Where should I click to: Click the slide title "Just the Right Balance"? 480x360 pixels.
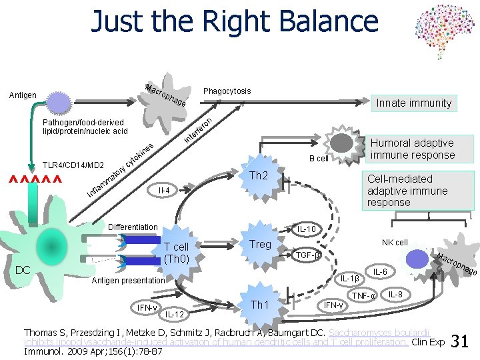tap(235, 21)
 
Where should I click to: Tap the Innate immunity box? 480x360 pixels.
tap(413, 103)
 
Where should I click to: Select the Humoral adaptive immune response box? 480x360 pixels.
tap(412, 149)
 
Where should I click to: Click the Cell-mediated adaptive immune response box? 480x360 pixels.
tap(407, 191)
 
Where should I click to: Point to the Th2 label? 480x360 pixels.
tap(258, 176)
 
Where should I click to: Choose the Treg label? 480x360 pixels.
tap(260, 244)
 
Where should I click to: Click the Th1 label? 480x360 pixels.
tap(259, 305)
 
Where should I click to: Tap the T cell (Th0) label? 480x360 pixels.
tap(177, 252)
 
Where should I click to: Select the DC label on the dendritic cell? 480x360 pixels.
tap(23, 269)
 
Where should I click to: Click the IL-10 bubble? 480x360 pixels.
tap(307, 230)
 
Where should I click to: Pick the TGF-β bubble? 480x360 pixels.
tap(307, 255)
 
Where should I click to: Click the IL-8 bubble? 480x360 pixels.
tap(395, 294)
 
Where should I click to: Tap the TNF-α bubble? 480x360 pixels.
tap(364, 295)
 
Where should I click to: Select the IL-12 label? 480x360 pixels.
tap(175, 313)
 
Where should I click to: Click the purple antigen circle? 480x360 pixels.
tap(58, 104)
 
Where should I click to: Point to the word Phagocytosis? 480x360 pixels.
tap(227, 91)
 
